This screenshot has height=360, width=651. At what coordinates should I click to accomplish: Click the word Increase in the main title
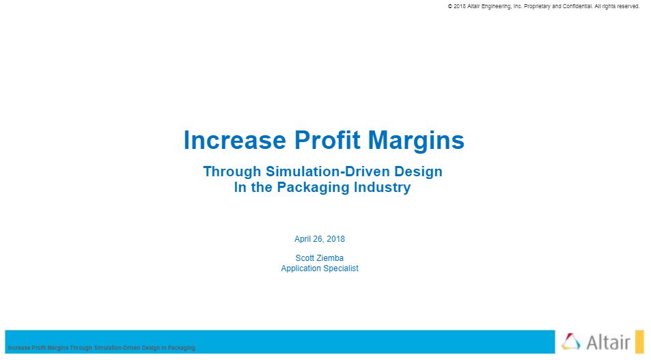click(x=234, y=140)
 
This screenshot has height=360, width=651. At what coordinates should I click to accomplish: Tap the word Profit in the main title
click(x=327, y=140)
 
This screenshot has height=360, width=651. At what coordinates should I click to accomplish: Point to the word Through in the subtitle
click(x=232, y=171)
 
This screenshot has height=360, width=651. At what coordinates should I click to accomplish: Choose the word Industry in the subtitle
click(x=382, y=187)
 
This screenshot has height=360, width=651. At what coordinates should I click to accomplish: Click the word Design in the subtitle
click(x=418, y=171)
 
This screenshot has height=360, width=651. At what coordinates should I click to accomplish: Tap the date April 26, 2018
click(x=320, y=239)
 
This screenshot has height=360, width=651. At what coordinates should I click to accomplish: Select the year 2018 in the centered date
click(x=335, y=239)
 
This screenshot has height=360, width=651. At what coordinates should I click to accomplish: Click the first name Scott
click(x=305, y=258)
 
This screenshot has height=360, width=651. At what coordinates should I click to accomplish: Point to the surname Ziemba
click(x=330, y=258)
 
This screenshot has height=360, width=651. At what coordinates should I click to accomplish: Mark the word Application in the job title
click(x=300, y=268)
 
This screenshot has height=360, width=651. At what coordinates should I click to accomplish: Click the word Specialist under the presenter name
click(x=340, y=268)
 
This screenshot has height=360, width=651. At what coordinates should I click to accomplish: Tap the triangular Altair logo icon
click(x=571, y=342)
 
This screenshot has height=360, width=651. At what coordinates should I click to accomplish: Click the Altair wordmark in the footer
click(x=608, y=342)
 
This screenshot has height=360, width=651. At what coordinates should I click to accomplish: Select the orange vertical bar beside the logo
click(x=639, y=342)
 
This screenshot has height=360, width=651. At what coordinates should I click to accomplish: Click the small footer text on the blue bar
click(x=101, y=348)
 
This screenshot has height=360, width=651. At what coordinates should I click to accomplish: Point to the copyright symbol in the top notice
click(x=450, y=6)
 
